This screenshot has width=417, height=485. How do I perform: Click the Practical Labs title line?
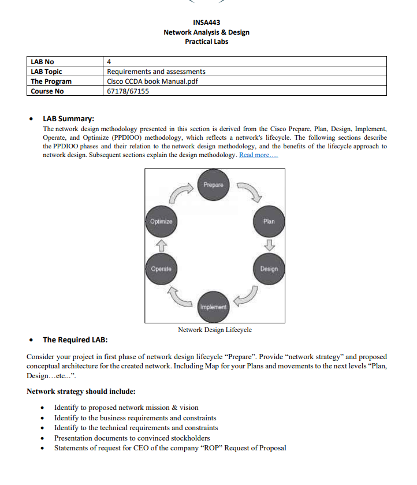click(206, 42)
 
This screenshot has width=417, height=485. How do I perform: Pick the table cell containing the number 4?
click(109, 62)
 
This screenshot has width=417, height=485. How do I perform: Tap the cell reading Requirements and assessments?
click(156, 72)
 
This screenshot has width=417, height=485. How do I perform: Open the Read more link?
click(259, 155)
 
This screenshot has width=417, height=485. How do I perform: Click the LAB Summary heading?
click(68, 119)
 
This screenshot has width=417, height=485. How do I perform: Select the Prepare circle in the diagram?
click(214, 185)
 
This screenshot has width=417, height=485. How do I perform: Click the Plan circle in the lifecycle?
click(269, 221)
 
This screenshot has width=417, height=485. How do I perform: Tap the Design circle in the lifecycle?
click(269, 269)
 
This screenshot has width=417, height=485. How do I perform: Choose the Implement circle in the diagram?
click(214, 306)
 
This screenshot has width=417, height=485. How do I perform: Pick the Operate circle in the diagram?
click(161, 269)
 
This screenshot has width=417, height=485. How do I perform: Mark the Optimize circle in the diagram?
click(161, 221)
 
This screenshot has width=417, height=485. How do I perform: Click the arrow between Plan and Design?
click(269, 245)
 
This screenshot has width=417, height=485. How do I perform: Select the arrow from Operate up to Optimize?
click(161, 245)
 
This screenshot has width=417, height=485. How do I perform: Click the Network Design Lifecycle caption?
click(214, 330)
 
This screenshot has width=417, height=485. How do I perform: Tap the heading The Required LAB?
click(75, 339)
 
